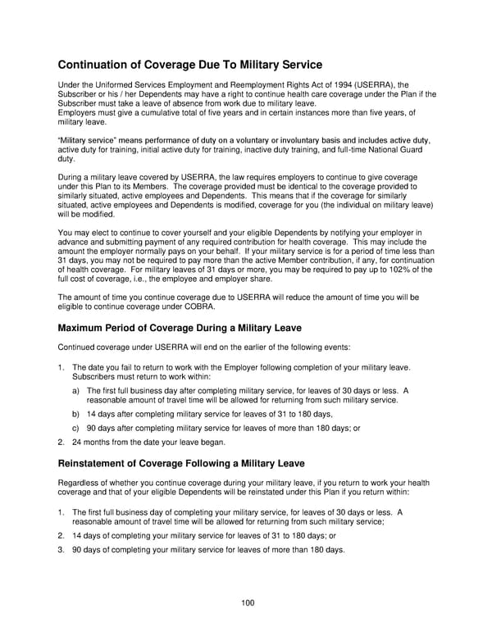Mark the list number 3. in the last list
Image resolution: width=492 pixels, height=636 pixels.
click(61, 549)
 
